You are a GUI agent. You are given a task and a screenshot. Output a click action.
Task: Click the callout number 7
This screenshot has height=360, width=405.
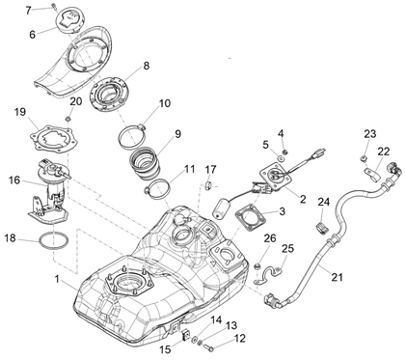tap(29, 11)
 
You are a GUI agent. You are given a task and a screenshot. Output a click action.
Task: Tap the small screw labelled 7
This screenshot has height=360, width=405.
tap(53, 6)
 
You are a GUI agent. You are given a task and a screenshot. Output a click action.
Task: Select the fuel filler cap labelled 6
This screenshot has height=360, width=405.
tap(70, 20)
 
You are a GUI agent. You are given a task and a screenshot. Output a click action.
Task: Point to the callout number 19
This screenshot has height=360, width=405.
tap(20, 112)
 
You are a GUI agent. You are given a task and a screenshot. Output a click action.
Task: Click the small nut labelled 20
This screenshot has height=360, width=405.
tap(67, 120)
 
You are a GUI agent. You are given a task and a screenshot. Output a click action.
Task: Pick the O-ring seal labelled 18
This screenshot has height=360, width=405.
tap(53, 241)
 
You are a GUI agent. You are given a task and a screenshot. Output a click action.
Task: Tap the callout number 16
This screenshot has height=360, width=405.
tap(14, 180)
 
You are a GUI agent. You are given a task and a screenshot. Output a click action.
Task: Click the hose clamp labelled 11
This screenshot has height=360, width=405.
tap(156, 189)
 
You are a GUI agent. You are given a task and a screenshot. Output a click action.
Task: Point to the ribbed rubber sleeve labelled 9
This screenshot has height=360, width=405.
tap(147, 163)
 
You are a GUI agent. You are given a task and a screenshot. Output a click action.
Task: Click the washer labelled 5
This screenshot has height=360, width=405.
tap(281, 158)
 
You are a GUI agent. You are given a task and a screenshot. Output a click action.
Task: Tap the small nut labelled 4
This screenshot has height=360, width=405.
tap(284, 152)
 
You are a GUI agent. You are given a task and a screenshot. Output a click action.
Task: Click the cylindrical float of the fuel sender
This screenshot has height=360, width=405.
tap(220, 208)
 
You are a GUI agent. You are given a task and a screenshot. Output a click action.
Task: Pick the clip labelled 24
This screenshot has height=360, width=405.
tap(322, 227)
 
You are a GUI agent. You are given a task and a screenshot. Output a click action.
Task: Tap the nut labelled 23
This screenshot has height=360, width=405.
tap(364, 158)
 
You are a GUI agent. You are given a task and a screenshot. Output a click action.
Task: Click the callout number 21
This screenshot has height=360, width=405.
tap(337, 277)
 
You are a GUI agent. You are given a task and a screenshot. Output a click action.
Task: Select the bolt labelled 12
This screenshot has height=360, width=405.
tap(209, 347)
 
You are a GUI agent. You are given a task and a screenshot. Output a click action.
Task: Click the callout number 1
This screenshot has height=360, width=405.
tap(57, 279)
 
